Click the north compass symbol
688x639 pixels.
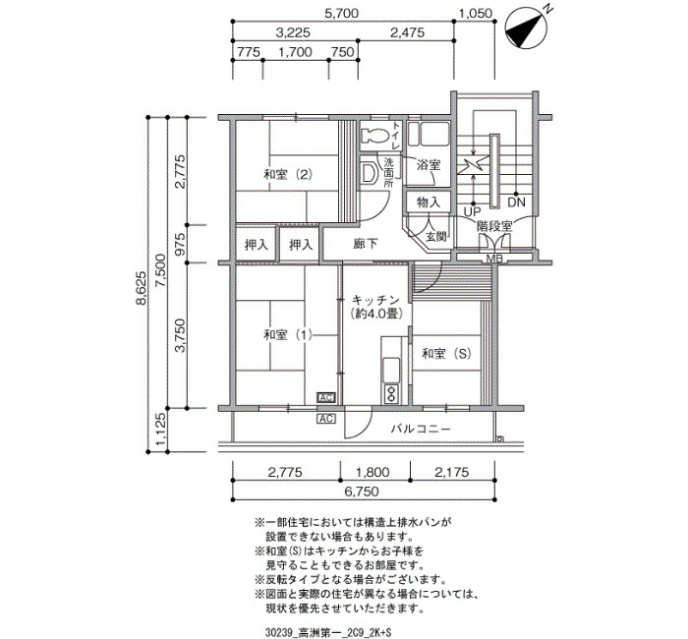tap(526, 28)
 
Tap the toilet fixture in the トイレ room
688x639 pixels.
tap(374, 136)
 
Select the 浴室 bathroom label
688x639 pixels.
tap(429, 165)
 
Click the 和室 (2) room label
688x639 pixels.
tap(288, 175)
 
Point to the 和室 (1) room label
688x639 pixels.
tap(288, 335)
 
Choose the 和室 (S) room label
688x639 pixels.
tap(446, 354)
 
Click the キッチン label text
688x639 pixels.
tap(375, 301)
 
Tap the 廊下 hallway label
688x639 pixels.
tap(366, 244)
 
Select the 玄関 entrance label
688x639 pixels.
tap(436, 236)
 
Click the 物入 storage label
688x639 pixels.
tap(429, 203)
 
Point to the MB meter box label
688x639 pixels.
tap(494, 259)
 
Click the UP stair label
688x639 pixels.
tap(473, 212)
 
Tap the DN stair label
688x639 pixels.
tap(516, 203)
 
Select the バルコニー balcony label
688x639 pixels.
tap(421, 429)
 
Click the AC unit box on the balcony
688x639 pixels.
tap(326, 419)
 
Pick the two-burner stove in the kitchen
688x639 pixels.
tap(390, 393)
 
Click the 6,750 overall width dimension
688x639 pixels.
tap(362, 492)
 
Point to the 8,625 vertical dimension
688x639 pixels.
tap(142, 288)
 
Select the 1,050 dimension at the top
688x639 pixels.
tap(476, 14)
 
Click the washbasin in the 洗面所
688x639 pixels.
tap(369, 173)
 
